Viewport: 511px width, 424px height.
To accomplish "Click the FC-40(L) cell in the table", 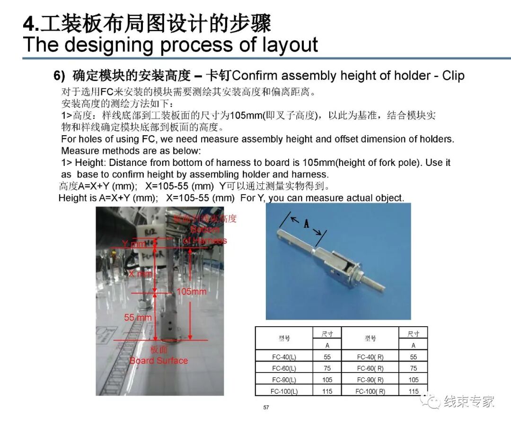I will pos(284,357).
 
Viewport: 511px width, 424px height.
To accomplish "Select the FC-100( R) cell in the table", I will pos(370,391).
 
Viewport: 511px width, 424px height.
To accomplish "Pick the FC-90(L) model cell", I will pos(284,380).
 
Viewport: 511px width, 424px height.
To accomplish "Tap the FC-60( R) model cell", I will pos(370,369).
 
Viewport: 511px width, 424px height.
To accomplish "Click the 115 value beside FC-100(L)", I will pos(327,391).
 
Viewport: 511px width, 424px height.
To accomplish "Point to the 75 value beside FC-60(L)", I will pos(327,369).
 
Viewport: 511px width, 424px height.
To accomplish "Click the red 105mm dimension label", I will pos(191,292).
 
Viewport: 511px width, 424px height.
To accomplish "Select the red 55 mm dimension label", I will pos(138,318).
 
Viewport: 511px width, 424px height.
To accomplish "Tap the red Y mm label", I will pos(134,244).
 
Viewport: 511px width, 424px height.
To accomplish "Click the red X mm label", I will pos(141,274).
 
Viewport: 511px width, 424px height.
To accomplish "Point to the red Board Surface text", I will pos(159,361).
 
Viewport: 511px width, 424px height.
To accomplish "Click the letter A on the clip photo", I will pos(306,224).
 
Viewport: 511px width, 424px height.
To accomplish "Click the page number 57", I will pos(266,408).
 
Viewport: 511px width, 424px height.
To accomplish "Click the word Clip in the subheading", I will pos(453,76).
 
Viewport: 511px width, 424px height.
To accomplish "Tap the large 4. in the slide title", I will pos(32,24).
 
